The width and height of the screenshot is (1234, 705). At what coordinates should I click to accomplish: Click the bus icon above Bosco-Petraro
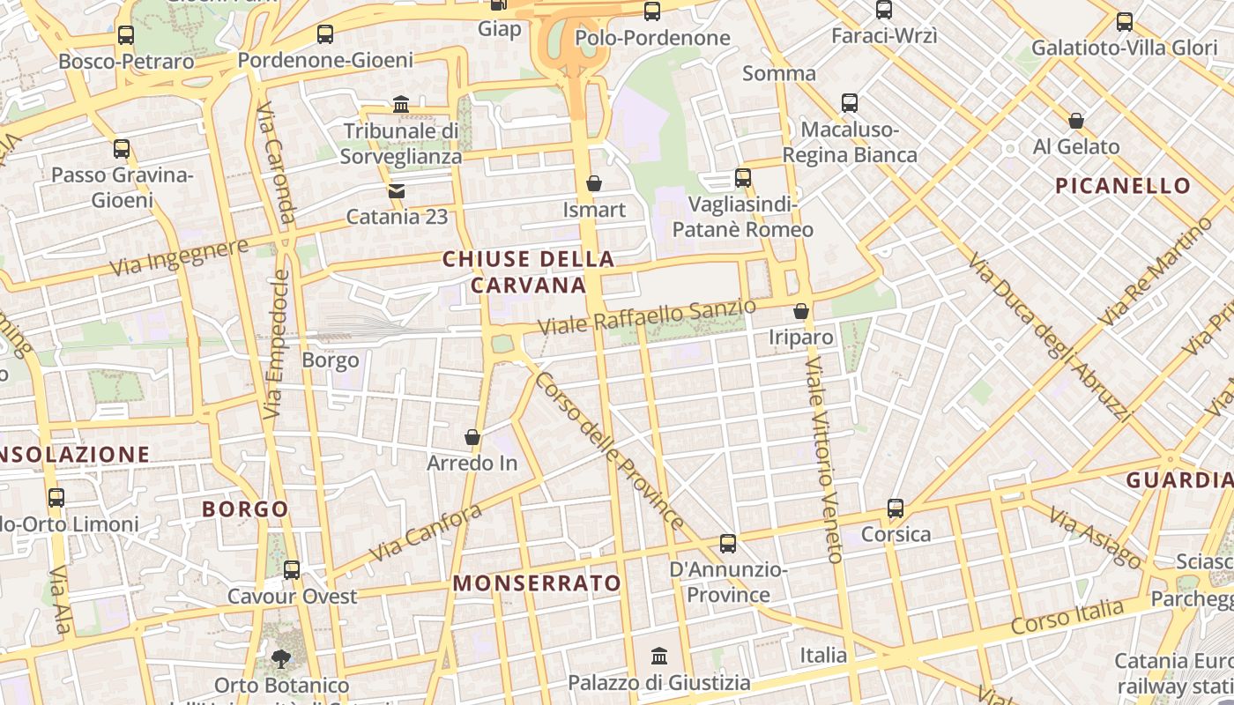tap(126, 35)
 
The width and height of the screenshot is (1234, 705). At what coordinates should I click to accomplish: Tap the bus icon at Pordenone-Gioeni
tap(325, 34)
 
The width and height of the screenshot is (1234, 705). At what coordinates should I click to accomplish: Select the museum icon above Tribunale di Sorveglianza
tap(401, 105)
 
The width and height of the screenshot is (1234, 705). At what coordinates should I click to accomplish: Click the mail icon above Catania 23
tap(397, 190)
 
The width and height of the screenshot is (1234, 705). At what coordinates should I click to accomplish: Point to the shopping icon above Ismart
tap(594, 183)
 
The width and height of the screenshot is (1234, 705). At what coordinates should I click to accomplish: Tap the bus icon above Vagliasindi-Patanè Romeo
tap(743, 178)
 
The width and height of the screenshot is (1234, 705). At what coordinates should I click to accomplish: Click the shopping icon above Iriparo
tap(801, 311)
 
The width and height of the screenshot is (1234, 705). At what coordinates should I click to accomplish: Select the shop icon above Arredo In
tap(472, 437)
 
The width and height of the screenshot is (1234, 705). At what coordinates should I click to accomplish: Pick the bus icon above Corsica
tap(896, 508)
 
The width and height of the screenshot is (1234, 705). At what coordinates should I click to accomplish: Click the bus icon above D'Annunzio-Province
tap(728, 544)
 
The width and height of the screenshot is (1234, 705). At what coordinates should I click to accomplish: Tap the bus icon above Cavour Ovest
tap(292, 570)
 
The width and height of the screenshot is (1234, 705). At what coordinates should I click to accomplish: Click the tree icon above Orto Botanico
tap(281, 658)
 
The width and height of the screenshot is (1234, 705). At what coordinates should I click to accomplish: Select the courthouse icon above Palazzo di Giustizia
tap(659, 656)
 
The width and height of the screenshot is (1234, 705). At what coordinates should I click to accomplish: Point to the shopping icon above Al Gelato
tap(1076, 121)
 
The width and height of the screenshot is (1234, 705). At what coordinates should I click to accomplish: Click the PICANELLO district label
tap(1123, 186)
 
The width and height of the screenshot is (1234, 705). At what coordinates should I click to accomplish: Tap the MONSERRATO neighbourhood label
tap(537, 583)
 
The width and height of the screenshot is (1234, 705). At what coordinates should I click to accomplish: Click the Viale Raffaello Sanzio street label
tap(647, 316)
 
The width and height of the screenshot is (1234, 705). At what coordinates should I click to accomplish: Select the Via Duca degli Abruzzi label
tap(1048, 336)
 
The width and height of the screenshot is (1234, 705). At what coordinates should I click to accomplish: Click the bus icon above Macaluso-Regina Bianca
tap(850, 103)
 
